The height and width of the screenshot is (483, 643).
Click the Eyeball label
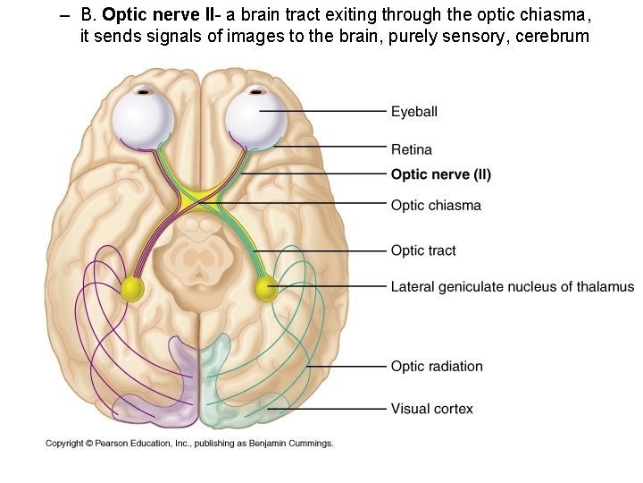413,112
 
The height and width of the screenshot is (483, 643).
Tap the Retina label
411,149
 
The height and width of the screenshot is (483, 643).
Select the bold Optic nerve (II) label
440,174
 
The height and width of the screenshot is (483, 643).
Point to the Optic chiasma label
436,205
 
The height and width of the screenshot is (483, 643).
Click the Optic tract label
423,250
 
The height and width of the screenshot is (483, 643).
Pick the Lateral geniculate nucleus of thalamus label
512,287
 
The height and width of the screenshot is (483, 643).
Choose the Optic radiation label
437,366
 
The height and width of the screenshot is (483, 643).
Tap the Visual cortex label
431,409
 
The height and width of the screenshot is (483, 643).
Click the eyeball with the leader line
255,116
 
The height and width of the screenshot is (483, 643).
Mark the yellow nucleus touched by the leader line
266,288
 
